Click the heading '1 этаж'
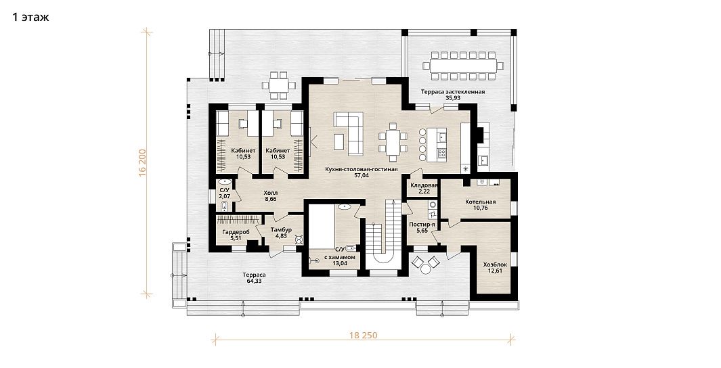point(30,18)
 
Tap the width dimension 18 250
point(364,336)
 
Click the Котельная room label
point(479,202)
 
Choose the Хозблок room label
point(495,264)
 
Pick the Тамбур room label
point(281,230)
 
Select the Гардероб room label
point(236,233)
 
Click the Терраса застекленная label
point(453,92)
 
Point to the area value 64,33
point(254,281)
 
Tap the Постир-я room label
point(422,224)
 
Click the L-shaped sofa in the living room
point(351,133)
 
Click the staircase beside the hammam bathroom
point(385,232)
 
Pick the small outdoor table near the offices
point(279,85)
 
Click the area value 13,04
point(339,264)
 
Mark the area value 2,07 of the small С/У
point(224,196)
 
